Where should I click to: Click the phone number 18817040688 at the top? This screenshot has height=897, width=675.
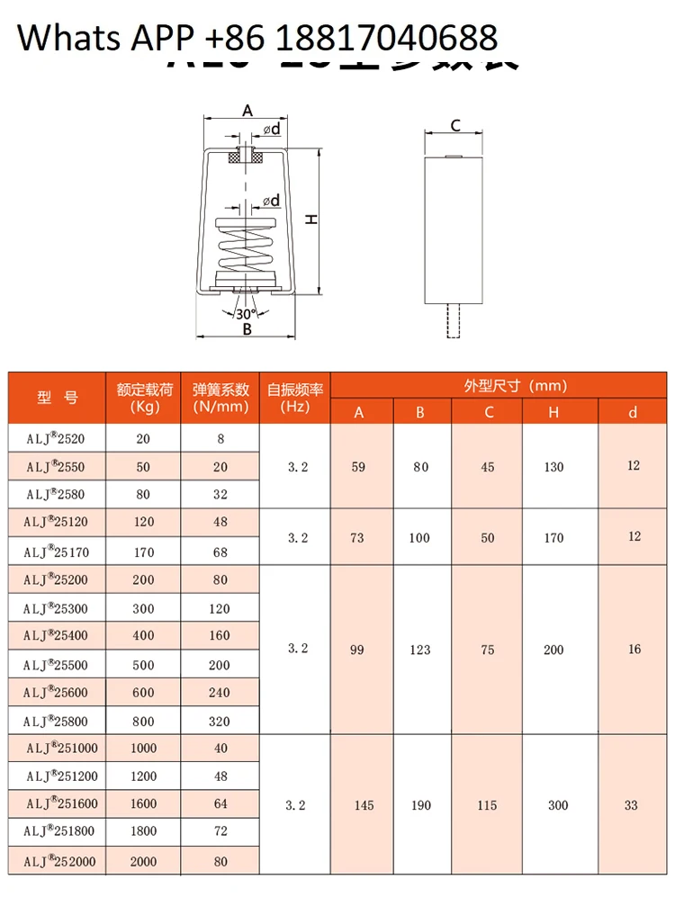coord(385,38)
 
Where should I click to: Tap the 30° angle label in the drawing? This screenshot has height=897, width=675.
coord(246,314)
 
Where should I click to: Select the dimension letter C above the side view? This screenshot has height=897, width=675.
coord(455,126)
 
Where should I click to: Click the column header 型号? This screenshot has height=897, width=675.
coord(58,397)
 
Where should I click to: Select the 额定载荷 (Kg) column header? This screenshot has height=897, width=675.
coord(144,398)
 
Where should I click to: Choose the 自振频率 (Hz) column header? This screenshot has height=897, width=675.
coord(295,398)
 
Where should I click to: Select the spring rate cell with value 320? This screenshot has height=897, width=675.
coord(220,721)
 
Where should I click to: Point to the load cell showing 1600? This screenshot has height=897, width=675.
coord(143,804)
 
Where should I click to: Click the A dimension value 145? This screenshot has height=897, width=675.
coord(364,805)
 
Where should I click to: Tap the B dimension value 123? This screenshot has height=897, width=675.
coord(420,650)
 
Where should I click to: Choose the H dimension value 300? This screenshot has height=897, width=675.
coord(558,805)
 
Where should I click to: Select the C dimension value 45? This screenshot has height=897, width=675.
coord(488,467)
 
